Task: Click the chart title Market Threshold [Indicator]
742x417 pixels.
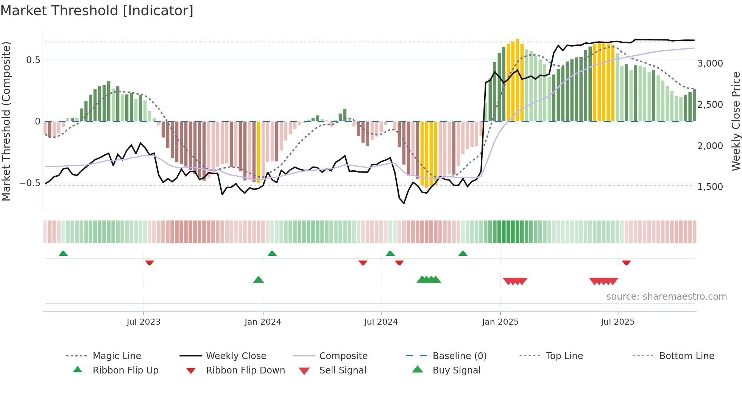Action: click(x=97, y=11)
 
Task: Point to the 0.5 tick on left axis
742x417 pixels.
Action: click(x=33, y=60)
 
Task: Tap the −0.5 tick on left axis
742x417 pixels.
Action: click(x=30, y=183)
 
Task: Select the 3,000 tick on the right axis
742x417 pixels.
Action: click(x=710, y=64)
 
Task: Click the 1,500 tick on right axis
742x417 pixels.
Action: click(x=710, y=187)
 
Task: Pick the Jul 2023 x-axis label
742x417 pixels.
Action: click(x=143, y=322)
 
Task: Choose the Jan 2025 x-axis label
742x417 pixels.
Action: click(x=500, y=322)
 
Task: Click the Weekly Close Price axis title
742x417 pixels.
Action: click(x=736, y=121)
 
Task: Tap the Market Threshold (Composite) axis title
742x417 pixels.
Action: click(x=6, y=121)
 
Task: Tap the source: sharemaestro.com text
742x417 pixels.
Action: click(x=666, y=297)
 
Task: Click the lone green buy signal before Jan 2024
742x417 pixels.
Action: click(x=258, y=280)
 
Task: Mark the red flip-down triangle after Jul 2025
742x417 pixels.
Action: click(x=626, y=263)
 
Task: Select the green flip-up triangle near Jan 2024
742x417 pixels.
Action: click(x=272, y=254)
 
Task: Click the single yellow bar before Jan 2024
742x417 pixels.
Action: click(x=259, y=151)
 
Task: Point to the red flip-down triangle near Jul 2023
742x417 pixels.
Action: click(x=150, y=263)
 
